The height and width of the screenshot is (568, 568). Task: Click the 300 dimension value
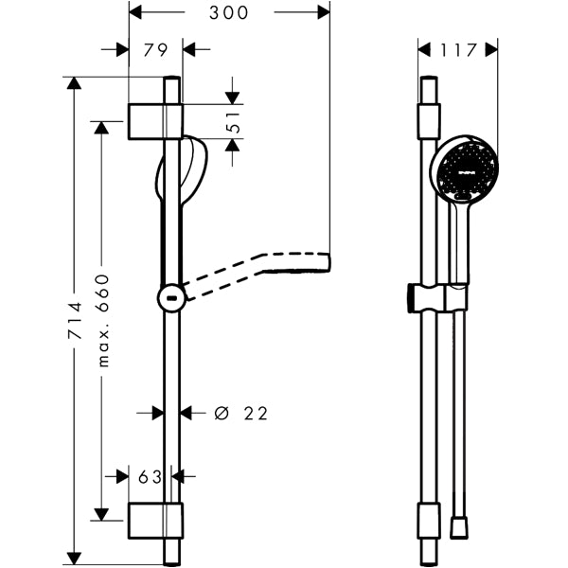click(x=228, y=13)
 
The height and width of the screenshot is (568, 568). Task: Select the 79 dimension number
click(x=155, y=50)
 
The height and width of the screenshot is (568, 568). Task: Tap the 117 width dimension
click(x=457, y=50)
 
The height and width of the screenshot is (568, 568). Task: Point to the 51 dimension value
click(x=234, y=122)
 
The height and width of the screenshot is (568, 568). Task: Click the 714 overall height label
click(x=75, y=320)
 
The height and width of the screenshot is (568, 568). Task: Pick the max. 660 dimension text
click(x=103, y=321)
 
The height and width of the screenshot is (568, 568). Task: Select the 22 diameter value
click(x=256, y=414)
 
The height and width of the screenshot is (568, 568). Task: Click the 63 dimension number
click(x=150, y=477)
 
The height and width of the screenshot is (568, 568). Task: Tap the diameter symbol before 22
click(x=222, y=414)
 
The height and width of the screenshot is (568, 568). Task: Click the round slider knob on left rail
click(x=171, y=298)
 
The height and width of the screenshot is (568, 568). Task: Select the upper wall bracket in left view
click(x=156, y=121)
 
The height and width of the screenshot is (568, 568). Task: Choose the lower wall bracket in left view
click(x=156, y=521)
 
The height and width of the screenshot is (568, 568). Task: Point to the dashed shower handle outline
click(x=257, y=275)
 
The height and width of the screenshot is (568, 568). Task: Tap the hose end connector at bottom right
click(x=459, y=528)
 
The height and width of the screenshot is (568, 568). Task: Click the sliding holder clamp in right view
click(x=437, y=298)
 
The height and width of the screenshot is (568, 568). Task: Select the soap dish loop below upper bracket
click(x=182, y=170)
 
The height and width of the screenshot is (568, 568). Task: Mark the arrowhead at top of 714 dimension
click(x=74, y=83)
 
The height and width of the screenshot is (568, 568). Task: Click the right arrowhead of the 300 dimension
click(x=324, y=12)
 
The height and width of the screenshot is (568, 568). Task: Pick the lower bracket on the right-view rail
click(x=429, y=521)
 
